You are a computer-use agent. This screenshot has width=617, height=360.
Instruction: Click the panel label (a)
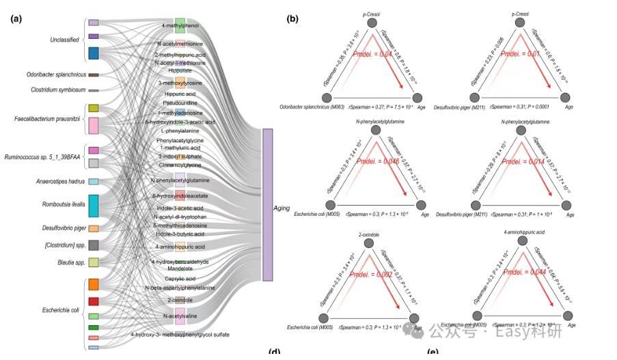(x=16, y=19)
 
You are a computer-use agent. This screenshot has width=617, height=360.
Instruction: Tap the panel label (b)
(x=292, y=19)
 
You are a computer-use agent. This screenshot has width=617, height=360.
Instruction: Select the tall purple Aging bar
(x=267, y=204)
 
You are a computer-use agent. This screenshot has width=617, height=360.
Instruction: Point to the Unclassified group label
(x=64, y=40)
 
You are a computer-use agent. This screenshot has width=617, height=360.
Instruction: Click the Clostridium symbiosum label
(x=58, y=89)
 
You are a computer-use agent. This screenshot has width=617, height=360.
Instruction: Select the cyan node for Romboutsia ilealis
(x=94, y=205)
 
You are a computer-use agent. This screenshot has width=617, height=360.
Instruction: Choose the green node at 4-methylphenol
(x=180, y=26)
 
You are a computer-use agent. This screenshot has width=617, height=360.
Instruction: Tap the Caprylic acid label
(x=180, y=279)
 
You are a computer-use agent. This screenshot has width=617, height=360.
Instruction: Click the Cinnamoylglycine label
(x=180, y=165)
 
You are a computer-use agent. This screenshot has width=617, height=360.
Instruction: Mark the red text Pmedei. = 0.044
(x=519, y=271)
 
